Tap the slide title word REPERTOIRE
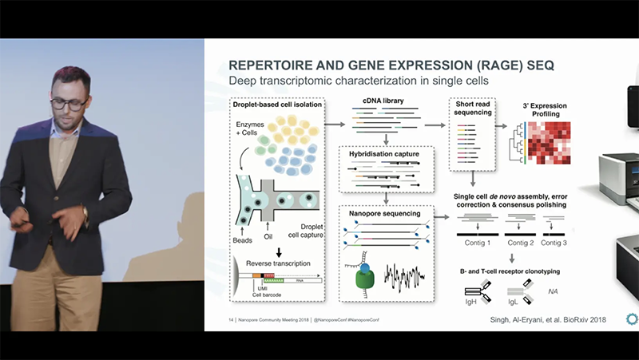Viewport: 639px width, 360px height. point(276,65)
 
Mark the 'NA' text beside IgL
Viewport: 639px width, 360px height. point(553,291)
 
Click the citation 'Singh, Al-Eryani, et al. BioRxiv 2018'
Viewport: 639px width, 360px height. point(547,319)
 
